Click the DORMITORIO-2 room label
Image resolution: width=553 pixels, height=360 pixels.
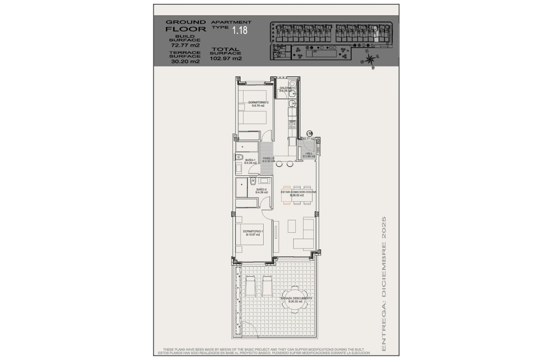point(258,104)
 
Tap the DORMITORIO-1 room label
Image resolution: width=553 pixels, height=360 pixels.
point(253,233)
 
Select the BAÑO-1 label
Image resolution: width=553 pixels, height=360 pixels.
point(250,161)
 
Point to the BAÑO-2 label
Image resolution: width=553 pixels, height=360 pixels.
point(262,191)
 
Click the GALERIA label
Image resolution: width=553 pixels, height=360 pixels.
point(285,89)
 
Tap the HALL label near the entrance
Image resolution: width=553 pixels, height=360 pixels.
point(309,155)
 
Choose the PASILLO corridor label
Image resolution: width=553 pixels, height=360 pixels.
point(268,159)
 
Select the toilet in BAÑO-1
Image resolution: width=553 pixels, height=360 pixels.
point(239,157)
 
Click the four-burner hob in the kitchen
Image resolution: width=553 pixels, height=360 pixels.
point(293,125)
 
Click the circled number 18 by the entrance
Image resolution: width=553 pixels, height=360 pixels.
point(310,134)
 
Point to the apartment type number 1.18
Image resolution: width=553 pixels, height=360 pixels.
point(239,30)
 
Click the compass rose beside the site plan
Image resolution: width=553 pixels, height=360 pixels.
point(370,59)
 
